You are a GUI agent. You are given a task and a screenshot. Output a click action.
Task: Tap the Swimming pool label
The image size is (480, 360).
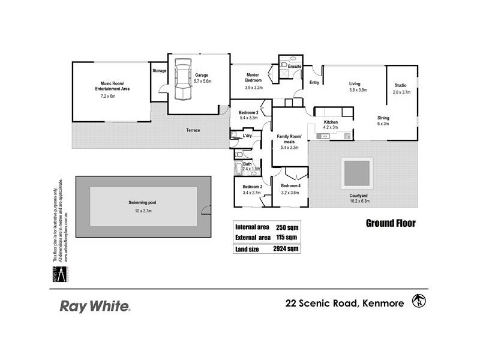tap(143, 203)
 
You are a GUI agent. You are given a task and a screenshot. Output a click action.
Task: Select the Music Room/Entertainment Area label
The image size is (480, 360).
tap(112, 86)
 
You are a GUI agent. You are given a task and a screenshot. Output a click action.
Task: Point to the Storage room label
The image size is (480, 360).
tap(159, 71)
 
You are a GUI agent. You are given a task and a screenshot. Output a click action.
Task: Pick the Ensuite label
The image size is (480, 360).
tap(295, 66)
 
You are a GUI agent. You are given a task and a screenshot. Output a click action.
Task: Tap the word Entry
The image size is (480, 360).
tap(314, 82)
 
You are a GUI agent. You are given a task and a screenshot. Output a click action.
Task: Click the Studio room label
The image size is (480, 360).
tap(401, 85)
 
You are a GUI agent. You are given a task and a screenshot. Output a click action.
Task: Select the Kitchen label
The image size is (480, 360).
tap(331, 122)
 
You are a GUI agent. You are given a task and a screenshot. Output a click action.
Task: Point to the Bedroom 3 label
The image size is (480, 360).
tap(252, 186)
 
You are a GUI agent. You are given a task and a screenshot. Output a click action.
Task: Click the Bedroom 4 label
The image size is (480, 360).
tap(290, 186)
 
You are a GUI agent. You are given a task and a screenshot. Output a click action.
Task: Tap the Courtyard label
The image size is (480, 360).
tap(359, 196)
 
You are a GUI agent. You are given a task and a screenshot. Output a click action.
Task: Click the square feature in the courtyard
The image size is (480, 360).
tap(356, 172)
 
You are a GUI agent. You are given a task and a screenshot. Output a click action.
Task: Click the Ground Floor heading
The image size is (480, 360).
tap(391, 224)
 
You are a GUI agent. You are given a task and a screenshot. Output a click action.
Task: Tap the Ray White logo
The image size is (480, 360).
tap(95, 307)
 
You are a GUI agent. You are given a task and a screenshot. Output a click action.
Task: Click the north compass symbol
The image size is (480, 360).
tap(418, 300)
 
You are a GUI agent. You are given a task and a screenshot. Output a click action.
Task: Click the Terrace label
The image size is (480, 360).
tap(193, 130)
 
